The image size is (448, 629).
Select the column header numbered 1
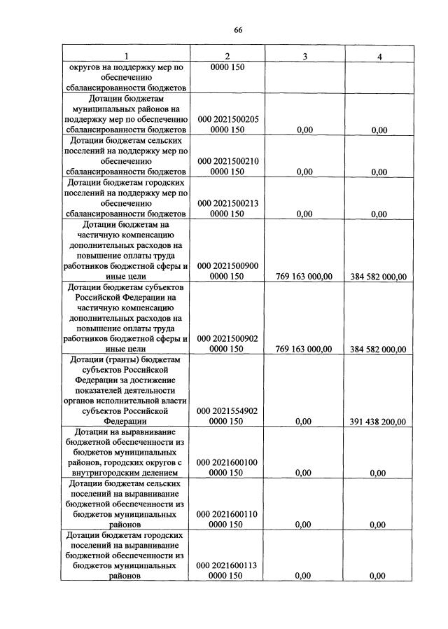click(x=126, y=57)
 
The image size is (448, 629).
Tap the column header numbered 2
click(x=227, y=57)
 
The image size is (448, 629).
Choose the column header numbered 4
click(x=379, y=57)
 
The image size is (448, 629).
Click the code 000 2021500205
click(x=227, y=120)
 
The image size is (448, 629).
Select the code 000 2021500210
click(x=227, y=161)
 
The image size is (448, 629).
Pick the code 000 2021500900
click(x=227, y=266)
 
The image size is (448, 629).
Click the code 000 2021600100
click(x=227, y=462)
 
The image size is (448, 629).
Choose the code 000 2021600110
click(x=227, y=513)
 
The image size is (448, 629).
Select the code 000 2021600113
click(x=227, y=565)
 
